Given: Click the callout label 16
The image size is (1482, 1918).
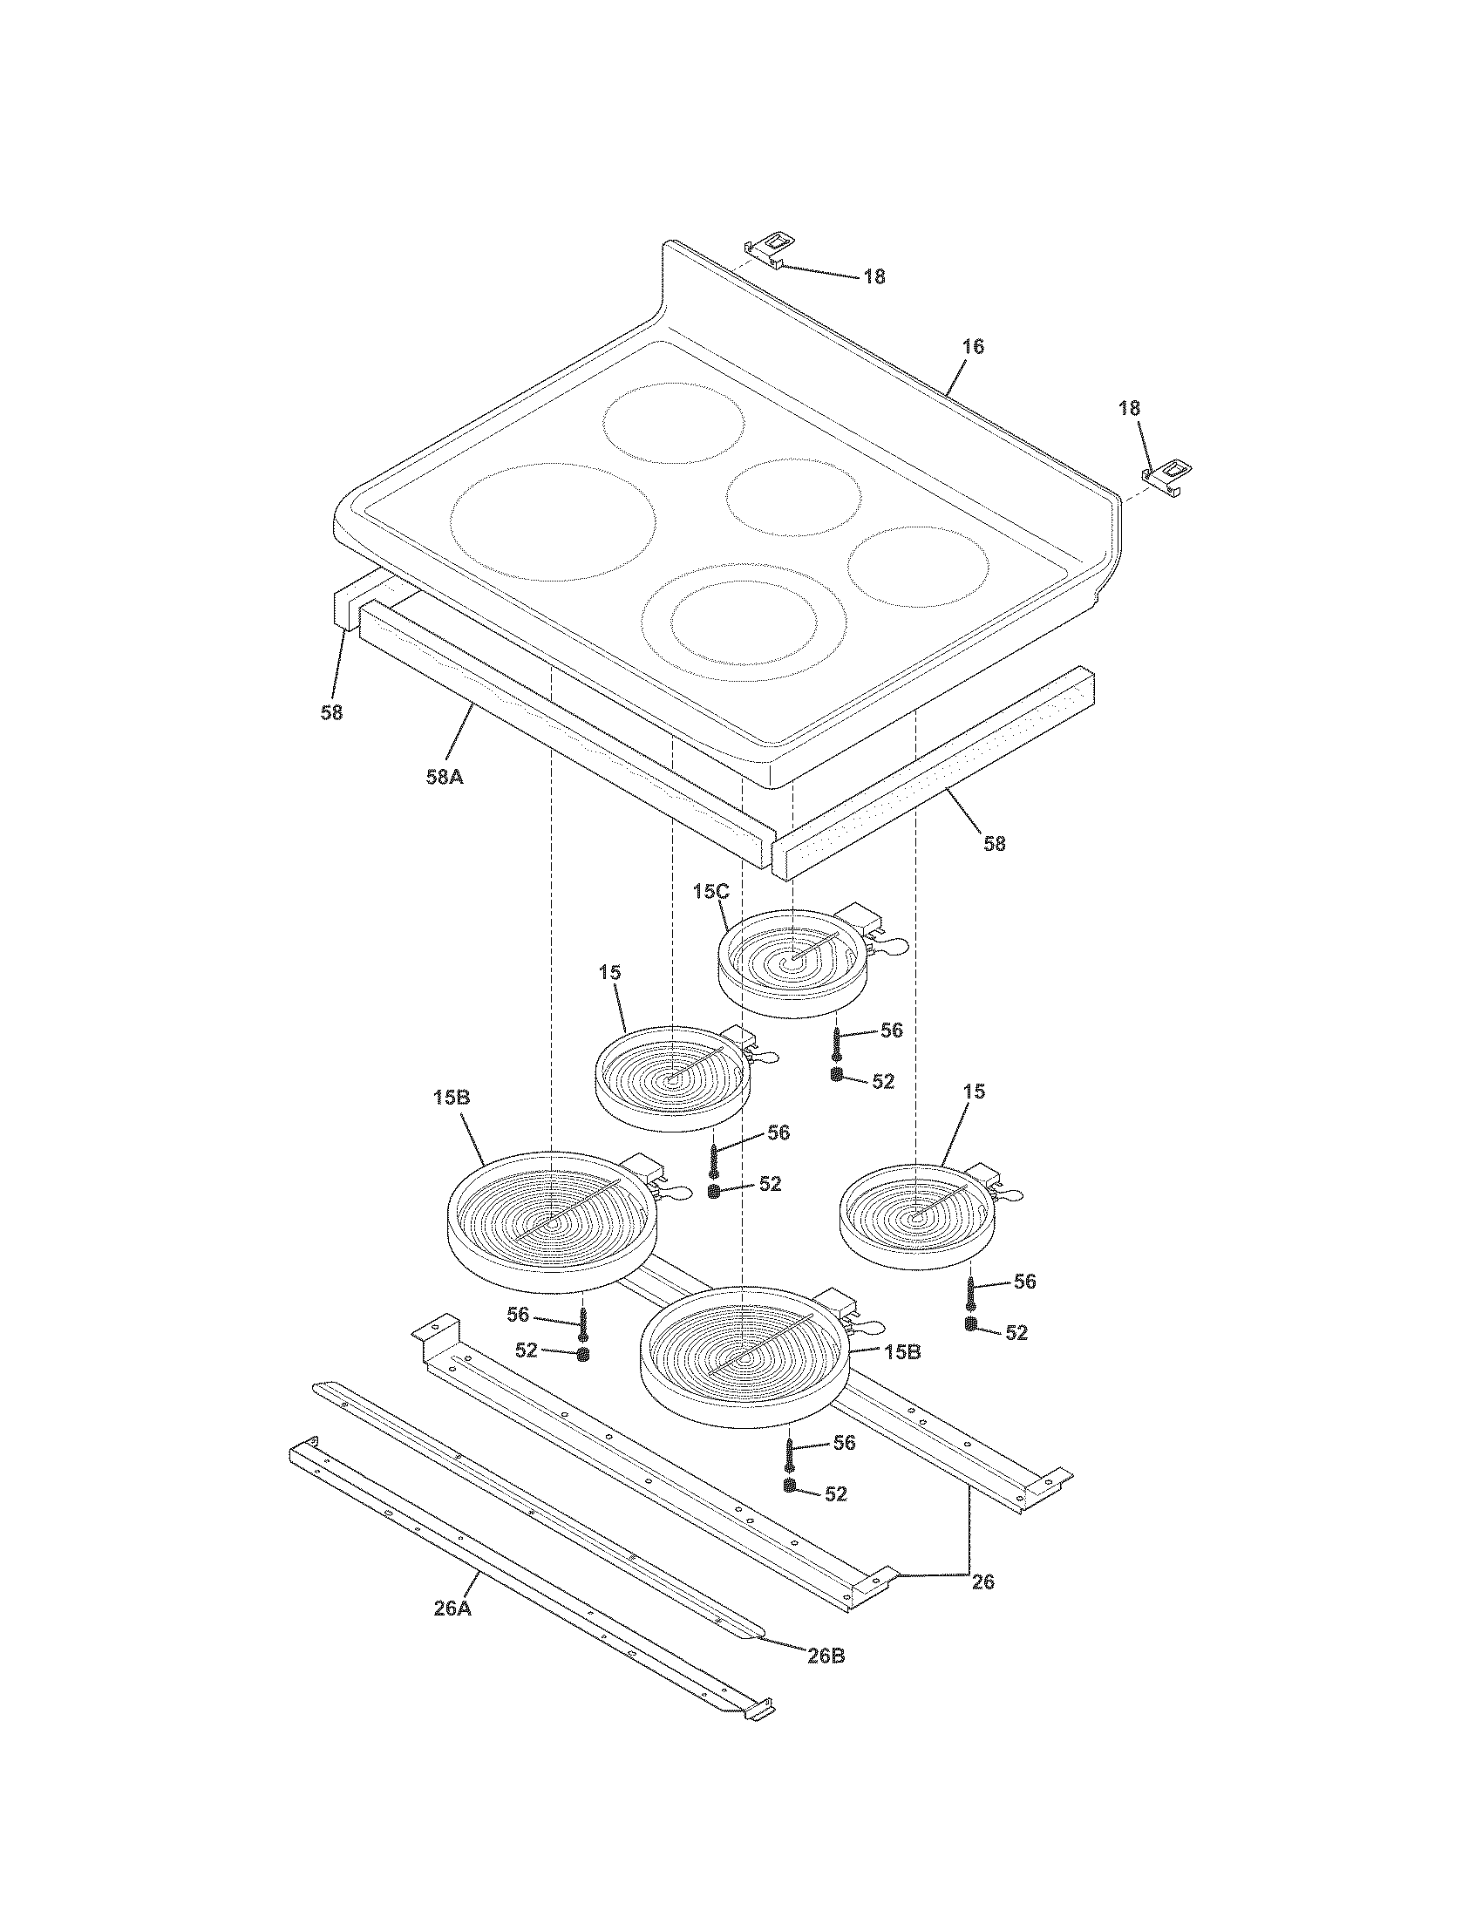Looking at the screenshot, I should pos(972,346).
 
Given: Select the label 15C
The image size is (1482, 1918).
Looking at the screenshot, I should pos(710,890).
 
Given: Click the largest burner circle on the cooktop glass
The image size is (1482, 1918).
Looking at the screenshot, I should pos(553,520).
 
